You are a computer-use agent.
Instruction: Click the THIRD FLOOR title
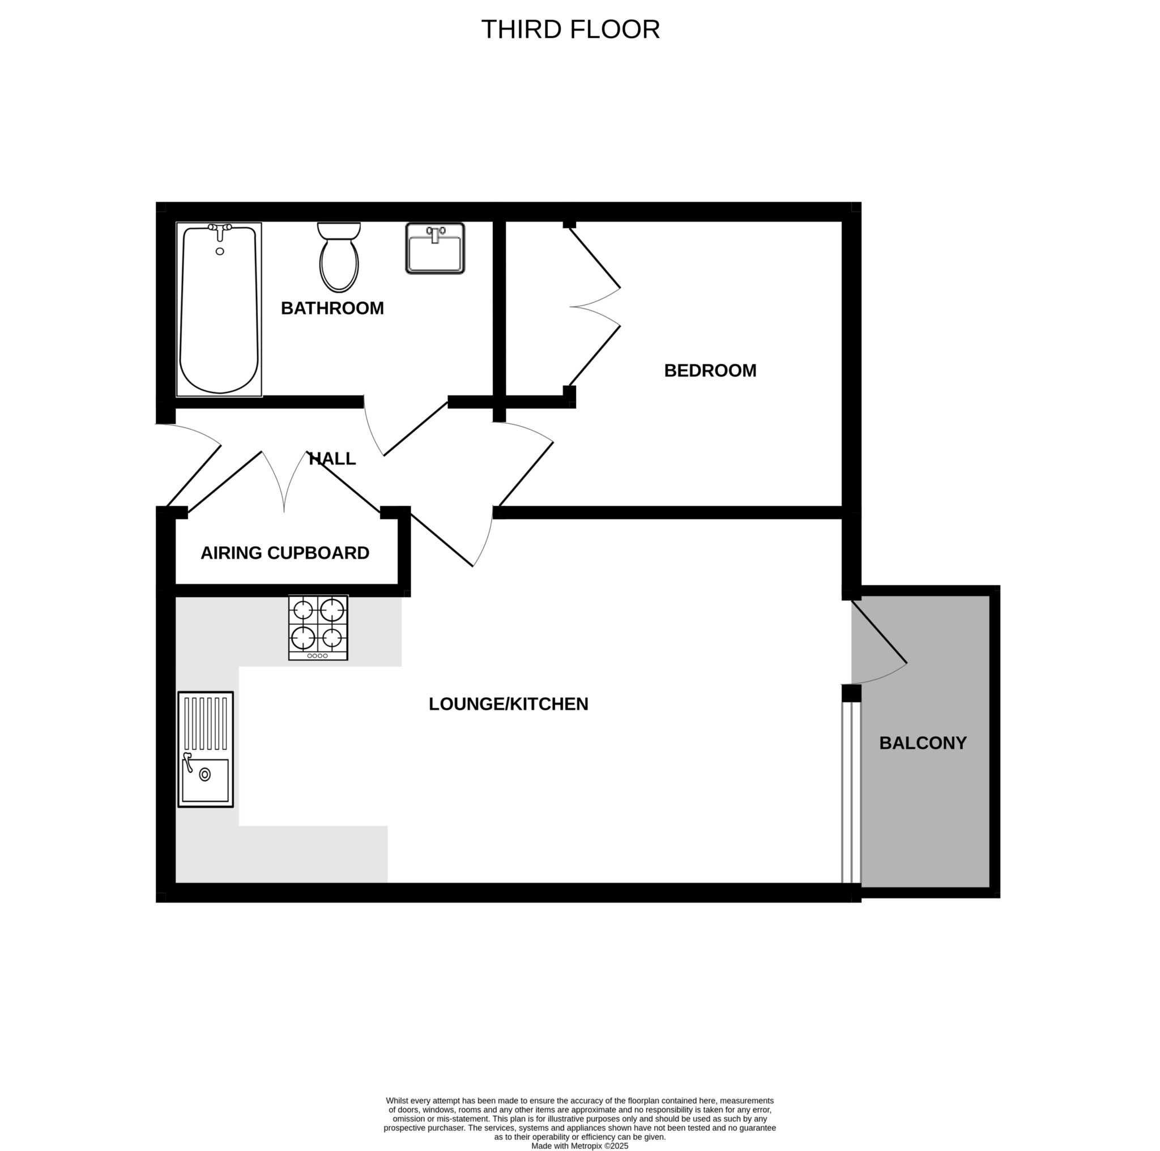(570, 29)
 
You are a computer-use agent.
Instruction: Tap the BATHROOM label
(332, 308)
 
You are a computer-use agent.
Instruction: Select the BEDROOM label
(710, 370)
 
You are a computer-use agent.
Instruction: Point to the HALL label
(332, 459)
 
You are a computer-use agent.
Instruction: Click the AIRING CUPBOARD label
(284, 553)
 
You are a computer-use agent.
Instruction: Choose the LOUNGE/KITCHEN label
(508, 704)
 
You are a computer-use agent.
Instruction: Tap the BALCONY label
(923, 743)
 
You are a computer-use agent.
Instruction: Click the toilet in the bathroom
(339, 257)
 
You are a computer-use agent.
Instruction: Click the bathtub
(219, 309)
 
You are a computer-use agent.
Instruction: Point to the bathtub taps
(220, 231)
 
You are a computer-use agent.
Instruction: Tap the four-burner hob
(318, 628)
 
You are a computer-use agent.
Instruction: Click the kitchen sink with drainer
(206, 749)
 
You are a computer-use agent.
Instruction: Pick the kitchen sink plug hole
(204, 774)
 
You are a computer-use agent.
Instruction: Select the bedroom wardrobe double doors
(594, 307)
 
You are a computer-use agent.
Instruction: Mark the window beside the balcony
(851, 792)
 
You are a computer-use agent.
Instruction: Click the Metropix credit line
(579, 1145)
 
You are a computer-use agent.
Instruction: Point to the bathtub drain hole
(220, 251)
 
